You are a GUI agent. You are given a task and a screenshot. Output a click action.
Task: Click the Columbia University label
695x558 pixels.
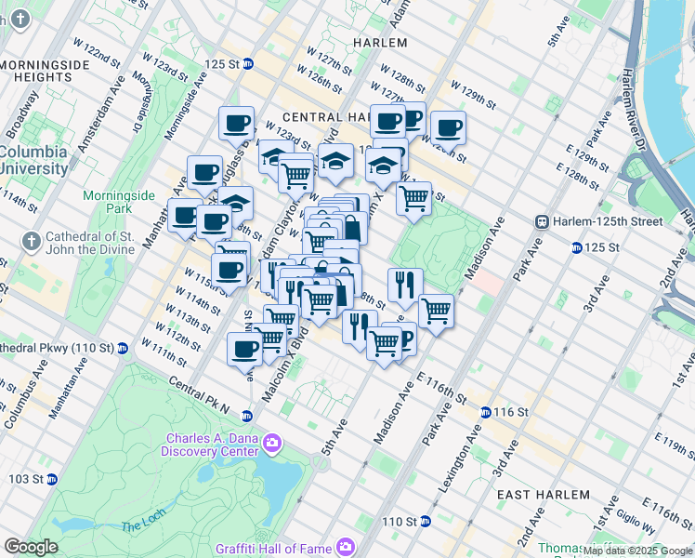tap(34, 160)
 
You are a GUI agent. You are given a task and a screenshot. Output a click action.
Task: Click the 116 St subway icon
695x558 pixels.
tap(485, 412)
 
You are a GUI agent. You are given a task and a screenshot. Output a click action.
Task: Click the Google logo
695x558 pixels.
tap(31, 546)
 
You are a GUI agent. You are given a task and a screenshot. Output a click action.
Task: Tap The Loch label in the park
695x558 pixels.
tap(139, 527)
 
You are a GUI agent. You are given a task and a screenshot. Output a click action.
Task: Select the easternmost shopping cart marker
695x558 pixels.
tap(436, 311)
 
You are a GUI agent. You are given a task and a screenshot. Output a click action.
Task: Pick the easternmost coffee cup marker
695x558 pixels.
tap(448, 128)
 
